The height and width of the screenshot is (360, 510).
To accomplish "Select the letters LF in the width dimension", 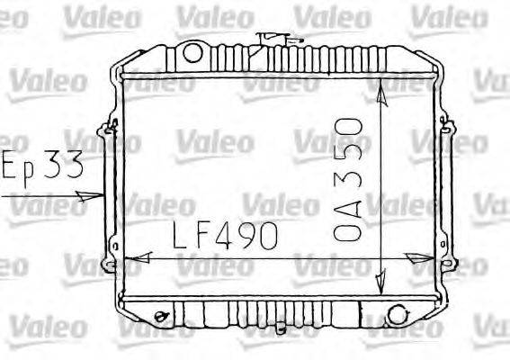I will click(x=192, y=236).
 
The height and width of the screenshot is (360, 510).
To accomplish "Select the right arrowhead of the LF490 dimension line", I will click(x=419, y=259).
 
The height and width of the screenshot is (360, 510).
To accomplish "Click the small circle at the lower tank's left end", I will click(x=160, y=316).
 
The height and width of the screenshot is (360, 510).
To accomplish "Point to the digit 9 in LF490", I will click(x=246, y=236).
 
